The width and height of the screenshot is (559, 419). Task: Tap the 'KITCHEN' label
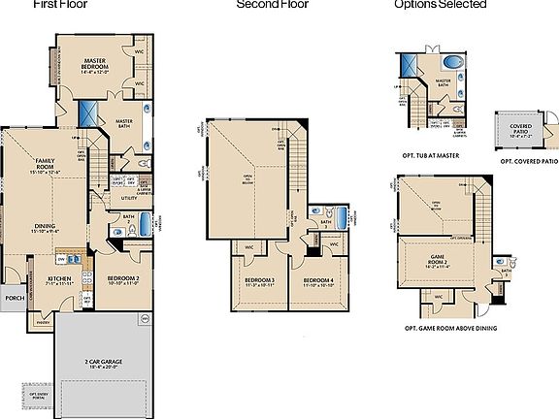tap(60, 278)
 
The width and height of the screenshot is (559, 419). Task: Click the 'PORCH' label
tap(14, 298)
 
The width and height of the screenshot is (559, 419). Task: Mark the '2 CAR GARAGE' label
tap(101, 363)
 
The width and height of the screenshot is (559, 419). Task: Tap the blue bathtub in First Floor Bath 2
tap(145, 226)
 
